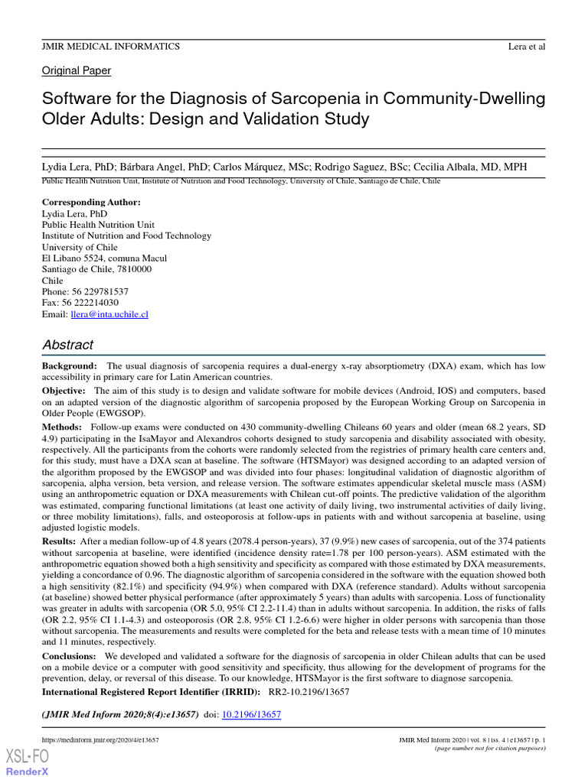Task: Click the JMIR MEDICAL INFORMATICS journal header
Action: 111,47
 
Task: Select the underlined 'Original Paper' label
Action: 77,71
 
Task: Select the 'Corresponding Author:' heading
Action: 91,203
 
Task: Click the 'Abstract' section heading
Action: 68,345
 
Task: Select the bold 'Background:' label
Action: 69,366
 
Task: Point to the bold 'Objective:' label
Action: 67,391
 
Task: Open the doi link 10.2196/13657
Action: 251,714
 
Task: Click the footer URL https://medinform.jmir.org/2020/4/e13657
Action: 100,740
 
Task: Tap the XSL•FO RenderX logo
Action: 27,762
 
